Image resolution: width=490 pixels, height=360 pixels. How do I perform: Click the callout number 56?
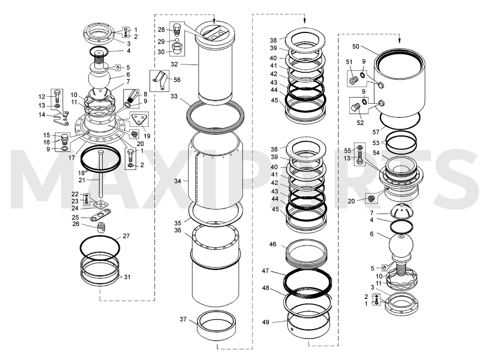[x=177, y=79]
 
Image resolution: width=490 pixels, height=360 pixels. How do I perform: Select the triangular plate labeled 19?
[x=137, y=119]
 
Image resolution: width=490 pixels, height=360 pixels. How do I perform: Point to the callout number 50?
[x=356, y=46]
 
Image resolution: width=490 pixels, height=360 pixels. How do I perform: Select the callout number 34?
[x=178, y=181]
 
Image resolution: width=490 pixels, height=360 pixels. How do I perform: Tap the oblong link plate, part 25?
[x=100, y=215]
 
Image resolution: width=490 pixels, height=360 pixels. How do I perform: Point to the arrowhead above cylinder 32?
[x=214, y=21]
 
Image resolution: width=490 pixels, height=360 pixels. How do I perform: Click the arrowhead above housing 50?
[x=400, y=41]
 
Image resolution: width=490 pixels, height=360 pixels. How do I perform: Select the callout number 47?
[x=265, y=270]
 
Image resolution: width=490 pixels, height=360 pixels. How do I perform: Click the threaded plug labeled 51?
[x=354, y=80]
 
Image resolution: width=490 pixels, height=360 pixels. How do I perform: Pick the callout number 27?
[x=126, y=236]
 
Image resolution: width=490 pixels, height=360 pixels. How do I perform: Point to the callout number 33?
[x=174, y=96]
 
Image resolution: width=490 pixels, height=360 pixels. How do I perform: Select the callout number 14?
[x=42, y=115]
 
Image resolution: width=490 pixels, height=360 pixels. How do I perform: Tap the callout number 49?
[x=265, y=322]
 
